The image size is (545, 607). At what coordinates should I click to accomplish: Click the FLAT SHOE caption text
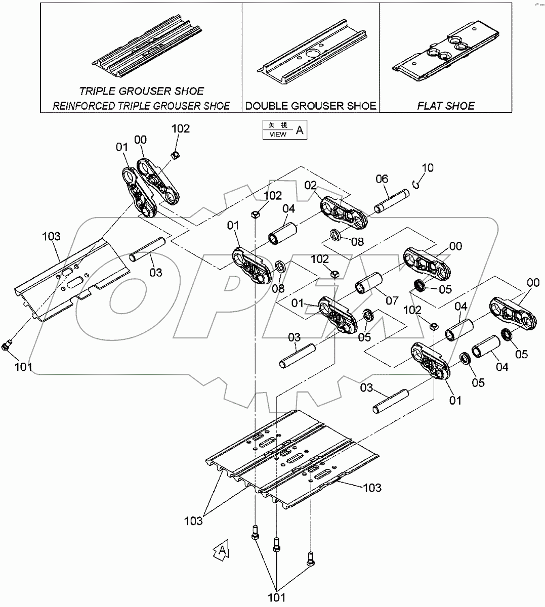[446, 106]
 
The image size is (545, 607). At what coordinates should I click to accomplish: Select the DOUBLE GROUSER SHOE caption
[311, 106]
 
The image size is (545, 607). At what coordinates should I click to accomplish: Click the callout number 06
[382, 179]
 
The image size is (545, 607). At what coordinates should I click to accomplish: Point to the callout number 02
[310, 185]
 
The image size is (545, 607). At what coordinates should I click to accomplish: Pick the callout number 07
[392, 300]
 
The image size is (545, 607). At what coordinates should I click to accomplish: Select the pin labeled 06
[391, 201]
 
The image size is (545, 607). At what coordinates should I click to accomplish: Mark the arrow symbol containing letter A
[221, 551]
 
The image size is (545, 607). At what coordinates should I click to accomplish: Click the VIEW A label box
[284, 129]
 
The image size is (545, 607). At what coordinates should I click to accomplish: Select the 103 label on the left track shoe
[51, 236]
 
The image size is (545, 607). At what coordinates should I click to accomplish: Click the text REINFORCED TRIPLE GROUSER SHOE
[141, 106]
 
